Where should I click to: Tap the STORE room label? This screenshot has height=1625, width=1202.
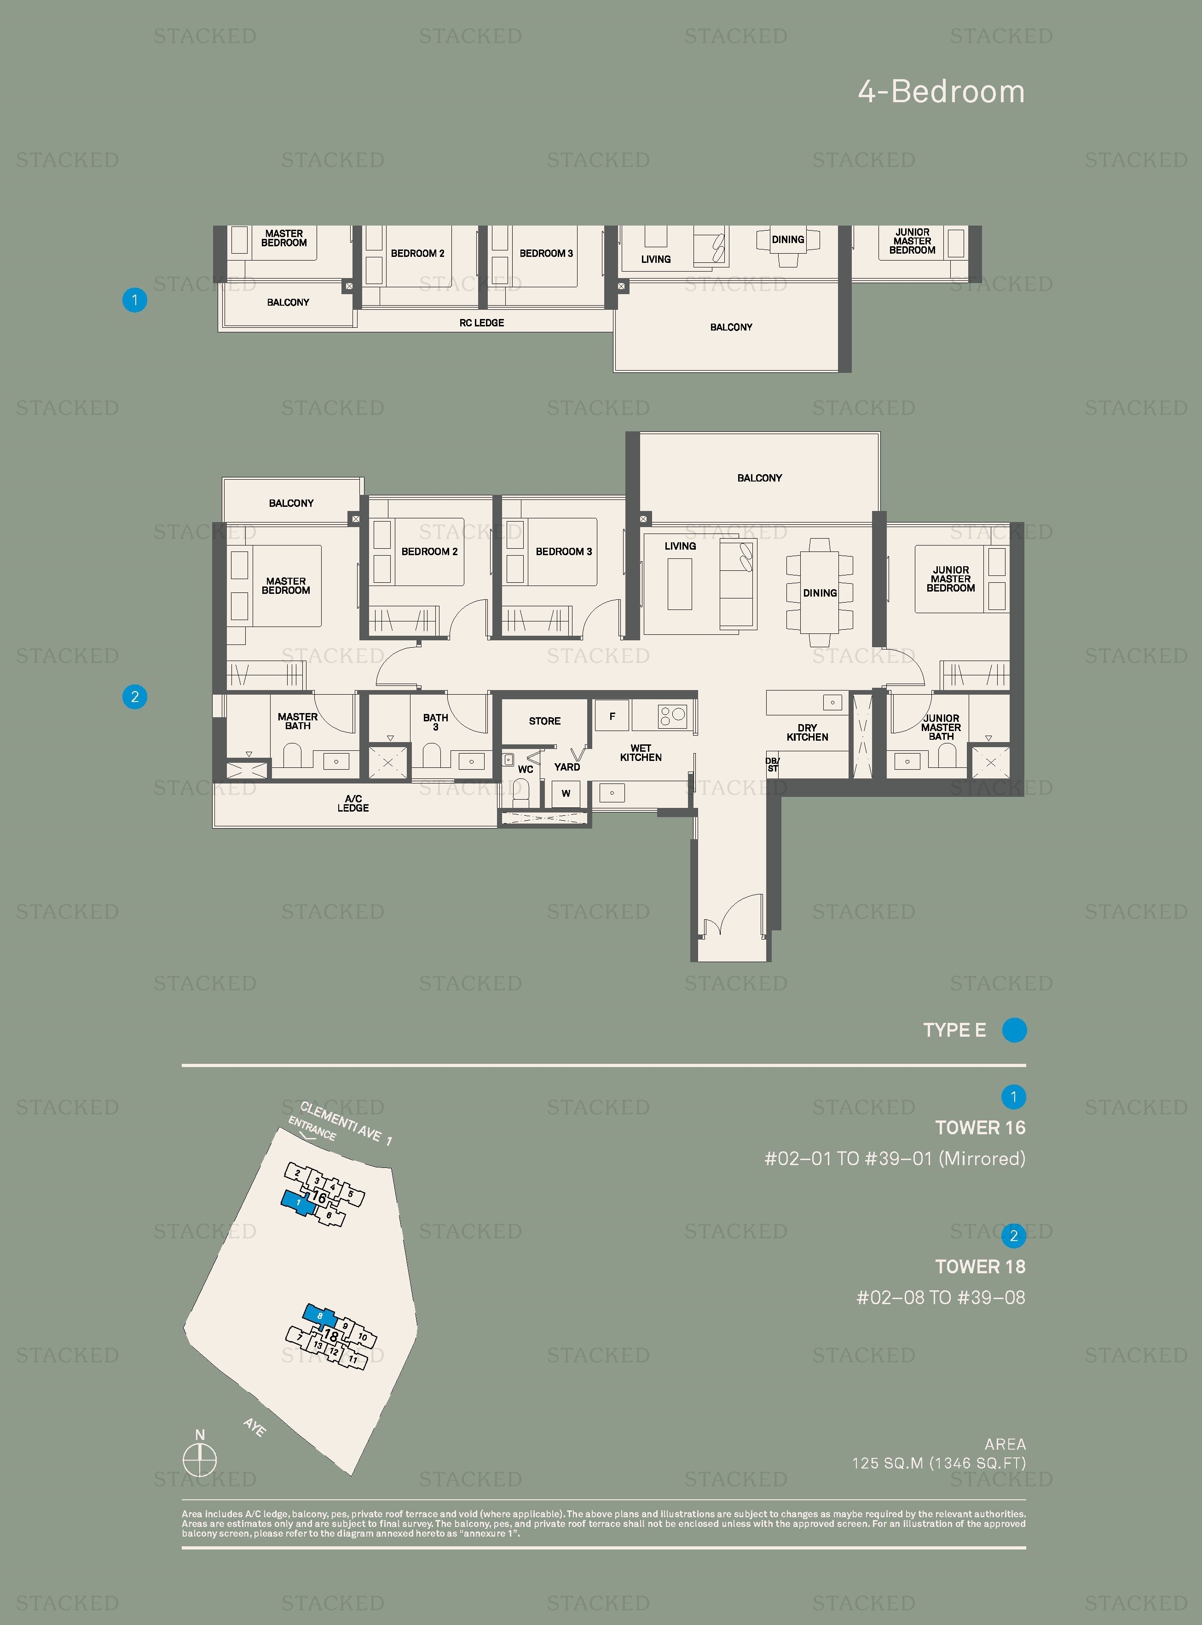coord(544,721)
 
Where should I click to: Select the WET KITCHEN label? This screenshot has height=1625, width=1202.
coord(640,753)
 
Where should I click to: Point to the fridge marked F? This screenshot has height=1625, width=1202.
coord(612,717)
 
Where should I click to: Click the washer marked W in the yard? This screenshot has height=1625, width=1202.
coord(566,793)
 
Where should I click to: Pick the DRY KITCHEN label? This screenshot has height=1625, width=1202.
coord(807,732)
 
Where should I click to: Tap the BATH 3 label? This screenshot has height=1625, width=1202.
coord(435,722)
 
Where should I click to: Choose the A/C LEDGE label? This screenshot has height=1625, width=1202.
coord(353,803)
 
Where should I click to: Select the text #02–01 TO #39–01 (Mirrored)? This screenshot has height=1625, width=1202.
coord(894,1159)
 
